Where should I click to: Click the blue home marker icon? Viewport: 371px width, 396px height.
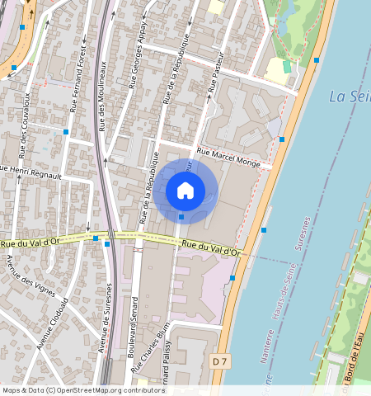(x=185, y=191)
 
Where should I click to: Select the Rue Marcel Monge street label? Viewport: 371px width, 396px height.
(x=228, y=159)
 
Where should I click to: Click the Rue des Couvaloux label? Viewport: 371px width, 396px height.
(x=26, y=124)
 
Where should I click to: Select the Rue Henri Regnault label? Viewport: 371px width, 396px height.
(x=31, y=172)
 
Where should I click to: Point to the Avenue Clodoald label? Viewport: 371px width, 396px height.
(x=51, y=321)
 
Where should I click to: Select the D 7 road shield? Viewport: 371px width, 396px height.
(x=218, y=361)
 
